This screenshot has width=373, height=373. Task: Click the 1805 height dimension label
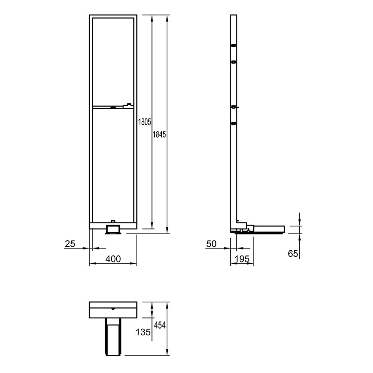145,122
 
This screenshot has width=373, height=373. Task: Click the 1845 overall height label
159,135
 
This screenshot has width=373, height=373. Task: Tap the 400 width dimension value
113,259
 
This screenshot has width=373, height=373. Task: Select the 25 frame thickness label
70,244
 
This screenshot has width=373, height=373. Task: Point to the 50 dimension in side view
212,244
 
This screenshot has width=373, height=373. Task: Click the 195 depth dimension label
242,259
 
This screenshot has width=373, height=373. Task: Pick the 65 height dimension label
293,254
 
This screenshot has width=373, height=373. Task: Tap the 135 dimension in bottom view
143,332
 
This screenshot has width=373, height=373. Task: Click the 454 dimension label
159,325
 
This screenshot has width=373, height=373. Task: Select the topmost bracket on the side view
234,45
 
